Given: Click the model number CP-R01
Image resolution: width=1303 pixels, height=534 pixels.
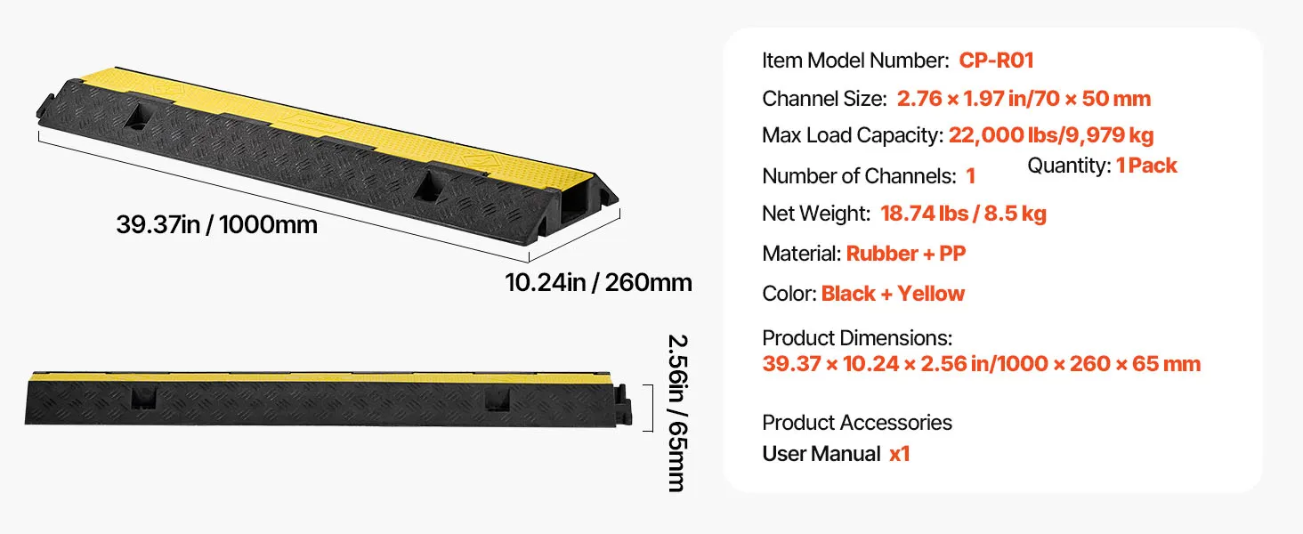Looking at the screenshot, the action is [996, 61].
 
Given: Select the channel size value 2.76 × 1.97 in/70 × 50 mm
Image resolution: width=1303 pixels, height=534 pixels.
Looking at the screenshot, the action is [1024, 99].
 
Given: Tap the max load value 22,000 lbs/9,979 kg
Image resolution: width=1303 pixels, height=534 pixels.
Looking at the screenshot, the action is [1051, 135].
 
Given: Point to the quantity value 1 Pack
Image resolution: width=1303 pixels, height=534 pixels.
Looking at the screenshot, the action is [1146, 166].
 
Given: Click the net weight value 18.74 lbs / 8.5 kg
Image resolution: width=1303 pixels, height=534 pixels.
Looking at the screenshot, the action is [963, 214].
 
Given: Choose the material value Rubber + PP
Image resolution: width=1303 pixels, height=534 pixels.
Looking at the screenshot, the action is [906, 254].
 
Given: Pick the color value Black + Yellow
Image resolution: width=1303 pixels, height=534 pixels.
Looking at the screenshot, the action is [893, 294].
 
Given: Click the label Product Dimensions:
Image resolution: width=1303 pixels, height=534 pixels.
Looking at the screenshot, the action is [857, 338].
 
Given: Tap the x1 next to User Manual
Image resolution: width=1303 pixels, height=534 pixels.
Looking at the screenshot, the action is [899, 454].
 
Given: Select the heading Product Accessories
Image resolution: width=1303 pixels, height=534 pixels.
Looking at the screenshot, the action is [857, 423].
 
